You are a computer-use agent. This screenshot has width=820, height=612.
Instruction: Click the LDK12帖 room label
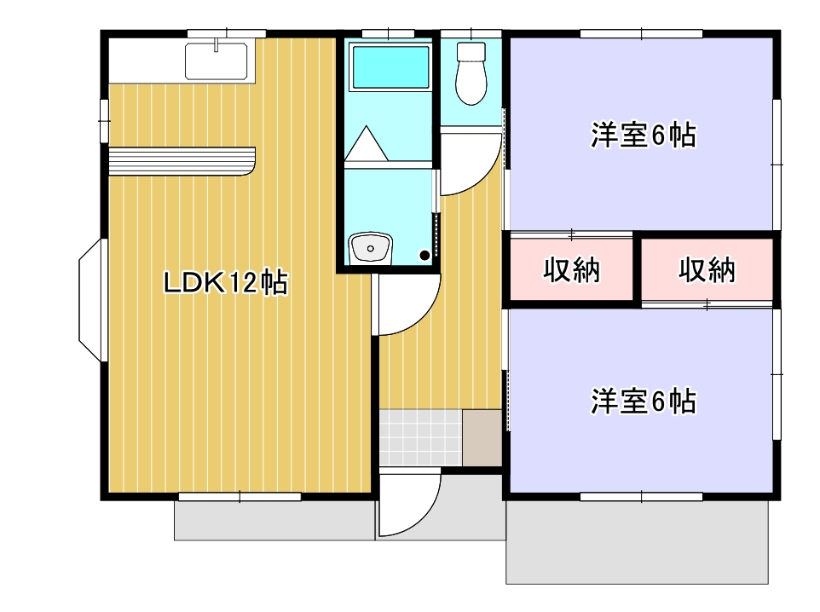pos(225,282)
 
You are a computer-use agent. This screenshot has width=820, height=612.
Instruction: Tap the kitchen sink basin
pos(217,60)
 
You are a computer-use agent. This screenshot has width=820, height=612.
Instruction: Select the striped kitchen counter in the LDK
pos(182,160)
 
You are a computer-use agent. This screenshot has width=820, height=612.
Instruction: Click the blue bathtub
pos(390,67)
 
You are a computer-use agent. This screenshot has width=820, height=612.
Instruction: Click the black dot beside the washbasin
pos(424,255)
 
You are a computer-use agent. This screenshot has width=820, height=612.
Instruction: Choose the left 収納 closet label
pos(572,270)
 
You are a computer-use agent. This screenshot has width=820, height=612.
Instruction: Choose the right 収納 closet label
pos(707,270)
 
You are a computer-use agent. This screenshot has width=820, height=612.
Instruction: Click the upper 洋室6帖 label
pos(644,136)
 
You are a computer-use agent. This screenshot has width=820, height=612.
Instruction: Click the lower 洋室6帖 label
pos(644,401)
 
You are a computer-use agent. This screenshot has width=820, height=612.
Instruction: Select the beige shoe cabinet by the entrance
pos(482,436)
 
